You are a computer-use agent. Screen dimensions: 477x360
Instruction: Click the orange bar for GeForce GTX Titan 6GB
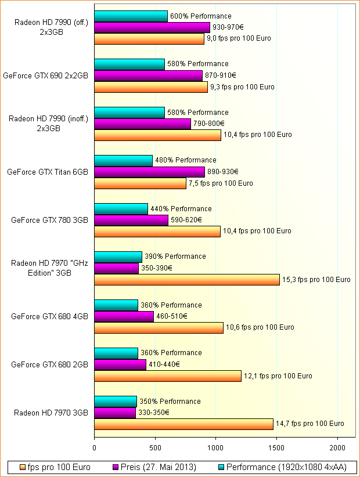[140, 183]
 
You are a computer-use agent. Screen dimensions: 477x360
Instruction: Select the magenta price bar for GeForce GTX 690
[148, 75]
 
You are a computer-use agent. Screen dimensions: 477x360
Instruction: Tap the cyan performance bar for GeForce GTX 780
[121, 209]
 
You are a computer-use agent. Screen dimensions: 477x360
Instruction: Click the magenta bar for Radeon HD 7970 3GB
[115, 413]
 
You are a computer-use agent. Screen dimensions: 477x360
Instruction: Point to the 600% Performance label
[200, 16]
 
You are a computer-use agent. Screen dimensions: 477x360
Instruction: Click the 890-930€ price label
[223, 172]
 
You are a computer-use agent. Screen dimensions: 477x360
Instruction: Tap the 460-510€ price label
[172, 316]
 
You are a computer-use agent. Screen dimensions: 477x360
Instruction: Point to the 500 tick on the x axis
[155, 447]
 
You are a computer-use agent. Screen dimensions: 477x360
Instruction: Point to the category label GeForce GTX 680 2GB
[49, 364]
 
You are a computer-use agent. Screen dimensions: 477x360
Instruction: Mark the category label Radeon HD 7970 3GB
[51, 413]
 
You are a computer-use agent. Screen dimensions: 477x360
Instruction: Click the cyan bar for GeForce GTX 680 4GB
[116, 305]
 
